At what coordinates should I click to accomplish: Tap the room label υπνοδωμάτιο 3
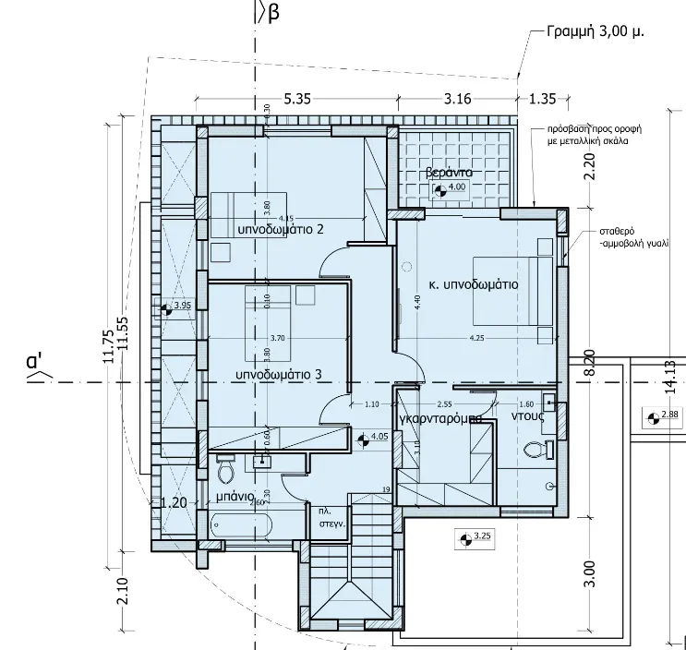click(279, 375)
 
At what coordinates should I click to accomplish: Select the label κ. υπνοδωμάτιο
click(473, 285)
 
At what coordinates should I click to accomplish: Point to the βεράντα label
click(450, 173)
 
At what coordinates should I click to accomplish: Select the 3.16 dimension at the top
click(458, 99)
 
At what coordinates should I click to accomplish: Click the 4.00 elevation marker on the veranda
click(449, 189)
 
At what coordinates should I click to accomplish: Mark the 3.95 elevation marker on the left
click(175, 307)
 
